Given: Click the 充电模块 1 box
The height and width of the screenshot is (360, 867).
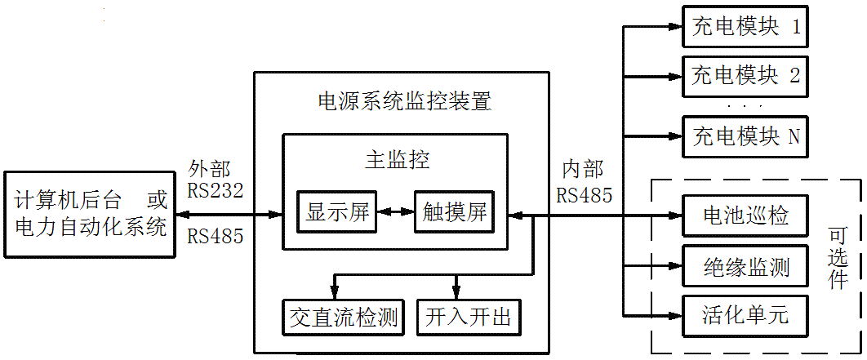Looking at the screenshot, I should coord(744,28).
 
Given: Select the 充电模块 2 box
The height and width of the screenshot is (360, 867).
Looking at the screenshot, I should coord(744,77).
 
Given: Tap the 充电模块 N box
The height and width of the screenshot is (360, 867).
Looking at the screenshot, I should coord(744,136).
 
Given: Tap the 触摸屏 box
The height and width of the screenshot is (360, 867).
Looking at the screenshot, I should coord(455,214).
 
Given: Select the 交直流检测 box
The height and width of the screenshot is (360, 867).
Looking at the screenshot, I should coord(343,318).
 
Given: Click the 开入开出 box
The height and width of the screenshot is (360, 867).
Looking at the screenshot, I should coord(468,318).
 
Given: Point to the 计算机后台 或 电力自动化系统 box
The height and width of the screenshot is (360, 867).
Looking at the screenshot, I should coord(90,215).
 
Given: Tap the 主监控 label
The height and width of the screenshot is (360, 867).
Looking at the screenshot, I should coord(397,160).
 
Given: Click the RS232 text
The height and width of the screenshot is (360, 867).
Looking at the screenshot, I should coord(216,191).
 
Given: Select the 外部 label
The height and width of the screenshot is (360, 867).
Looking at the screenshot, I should coord(208,169).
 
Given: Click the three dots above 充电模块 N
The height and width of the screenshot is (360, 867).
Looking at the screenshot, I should coord(744,106).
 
